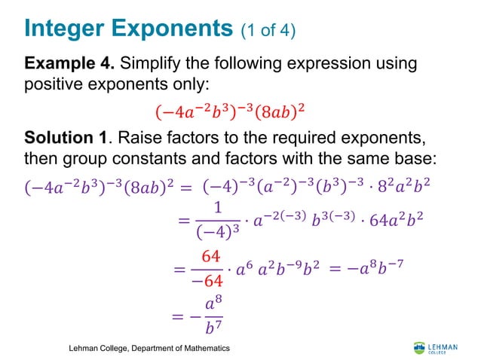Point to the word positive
pyautogui.click(x=53, y=87)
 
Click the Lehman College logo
pyautogui.click(x=435, y=347)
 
